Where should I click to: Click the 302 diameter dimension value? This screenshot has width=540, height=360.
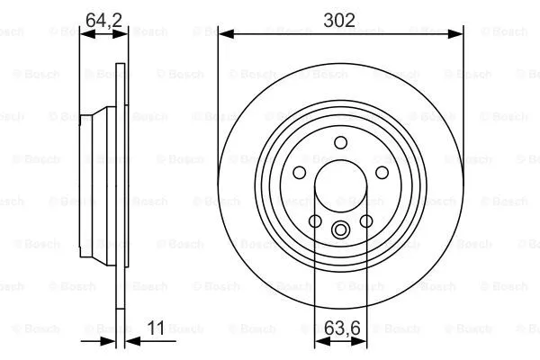click(x=340, y=18)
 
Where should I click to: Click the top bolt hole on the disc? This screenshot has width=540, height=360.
click(x=340, y=142)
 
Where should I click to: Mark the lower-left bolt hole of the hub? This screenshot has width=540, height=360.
click(x=315, y=220)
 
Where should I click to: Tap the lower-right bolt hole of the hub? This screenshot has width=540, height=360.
click(x=366, y=220)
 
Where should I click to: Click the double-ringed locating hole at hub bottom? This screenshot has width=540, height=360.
click(x=340, y=229)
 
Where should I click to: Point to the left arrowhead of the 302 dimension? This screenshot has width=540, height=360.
click(x=224, y=34)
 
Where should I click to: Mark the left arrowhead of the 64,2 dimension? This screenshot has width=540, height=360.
click(x=85, y=34)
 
